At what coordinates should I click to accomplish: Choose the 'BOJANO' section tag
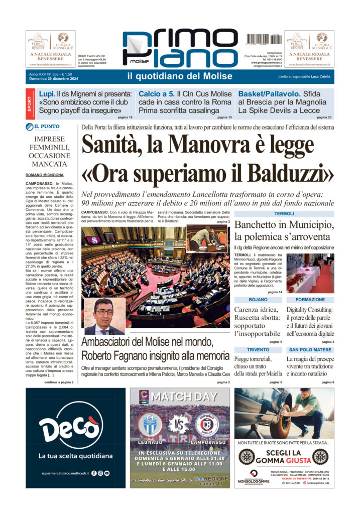(258, 299)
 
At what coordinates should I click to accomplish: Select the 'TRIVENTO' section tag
(258, 349)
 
